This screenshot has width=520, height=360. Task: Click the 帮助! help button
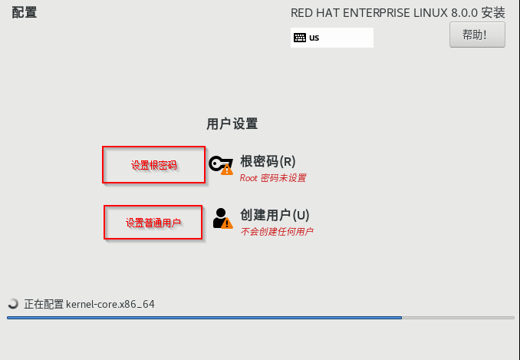pos(477,35)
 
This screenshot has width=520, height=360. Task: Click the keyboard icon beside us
pos(299,37)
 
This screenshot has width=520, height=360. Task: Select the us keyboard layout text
pos(314,37)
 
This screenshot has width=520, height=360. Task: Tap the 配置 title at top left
pos(25,13)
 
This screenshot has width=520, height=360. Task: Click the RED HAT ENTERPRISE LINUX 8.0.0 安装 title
pos(398,13)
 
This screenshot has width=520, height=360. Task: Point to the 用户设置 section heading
pos(232,124)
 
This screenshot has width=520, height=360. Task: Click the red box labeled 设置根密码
pos(153,165)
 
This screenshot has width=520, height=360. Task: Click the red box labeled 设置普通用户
pos(153,223)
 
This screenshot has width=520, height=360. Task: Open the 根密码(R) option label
pos(268,161)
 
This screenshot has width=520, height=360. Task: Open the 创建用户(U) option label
pos(274,215)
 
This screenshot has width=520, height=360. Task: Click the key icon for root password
pos(219,163)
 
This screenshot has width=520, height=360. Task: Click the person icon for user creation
pos(222,216)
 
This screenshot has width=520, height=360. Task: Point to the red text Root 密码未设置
pos(272,178)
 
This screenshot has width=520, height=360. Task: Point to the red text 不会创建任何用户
pos(276,231)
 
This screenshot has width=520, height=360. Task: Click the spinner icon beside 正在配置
pos(12,304)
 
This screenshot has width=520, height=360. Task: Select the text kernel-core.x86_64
pos(110,304)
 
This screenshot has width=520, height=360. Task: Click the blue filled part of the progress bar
pos(203,317)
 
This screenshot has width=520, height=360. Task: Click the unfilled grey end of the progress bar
pos(459,317)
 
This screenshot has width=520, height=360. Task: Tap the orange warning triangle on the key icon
pos(226,169)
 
